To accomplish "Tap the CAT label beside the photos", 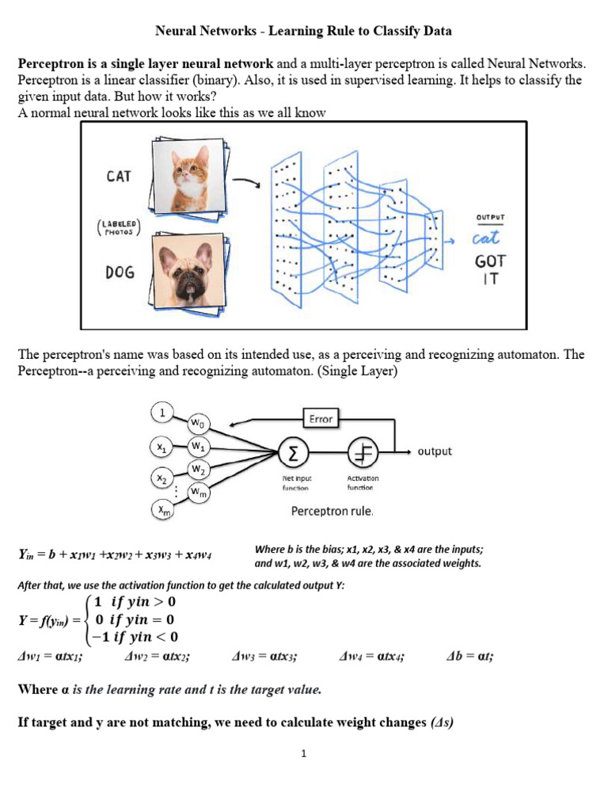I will coord(119,177).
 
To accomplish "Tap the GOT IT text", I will coord(490,268).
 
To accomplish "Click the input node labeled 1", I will coord(161,413).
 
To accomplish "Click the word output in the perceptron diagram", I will coord(435,451).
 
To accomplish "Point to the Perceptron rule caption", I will coord(332,511).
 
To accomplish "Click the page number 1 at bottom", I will coord(302,754).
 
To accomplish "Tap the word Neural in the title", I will coord(177,32).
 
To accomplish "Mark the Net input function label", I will coord(296,482).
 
